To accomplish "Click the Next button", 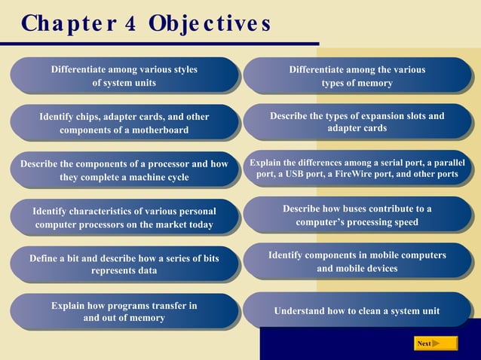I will coord(436,343).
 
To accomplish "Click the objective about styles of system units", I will coord(124,76).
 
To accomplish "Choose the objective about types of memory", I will coord(357,76).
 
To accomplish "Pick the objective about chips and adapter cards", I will coord(124,124).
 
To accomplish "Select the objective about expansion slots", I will coord(357,122).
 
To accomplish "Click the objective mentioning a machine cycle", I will coord(124,170).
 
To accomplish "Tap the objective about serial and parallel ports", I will coord(357,168).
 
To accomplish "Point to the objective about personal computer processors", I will coord(124,218).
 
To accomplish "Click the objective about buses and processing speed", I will coord(357,215).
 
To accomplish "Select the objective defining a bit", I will coord(124,264).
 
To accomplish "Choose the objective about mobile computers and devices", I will coord(357,262).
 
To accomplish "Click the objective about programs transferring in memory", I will coord(124,311).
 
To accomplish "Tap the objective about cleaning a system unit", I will coord(357,310).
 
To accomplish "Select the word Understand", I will coord(299,310).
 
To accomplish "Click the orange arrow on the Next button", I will coord(436,343).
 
